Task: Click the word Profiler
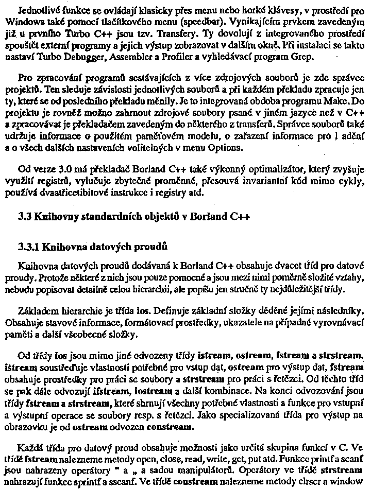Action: (x=163, y=56)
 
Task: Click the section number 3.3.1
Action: (x=29, y=247)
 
